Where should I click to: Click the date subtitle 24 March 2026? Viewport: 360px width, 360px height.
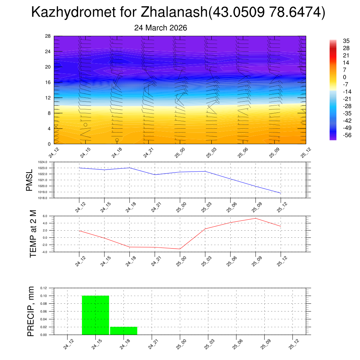161,28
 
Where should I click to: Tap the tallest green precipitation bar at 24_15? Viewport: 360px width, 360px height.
95,315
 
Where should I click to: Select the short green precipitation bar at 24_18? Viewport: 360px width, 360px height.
123,331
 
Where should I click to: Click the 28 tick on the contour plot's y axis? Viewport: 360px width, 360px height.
48,36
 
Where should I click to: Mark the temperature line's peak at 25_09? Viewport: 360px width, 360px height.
255,218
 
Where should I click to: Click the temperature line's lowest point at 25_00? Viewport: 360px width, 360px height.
180,249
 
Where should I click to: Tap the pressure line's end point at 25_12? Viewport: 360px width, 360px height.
281,193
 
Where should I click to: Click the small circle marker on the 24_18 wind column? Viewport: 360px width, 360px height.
117,140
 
